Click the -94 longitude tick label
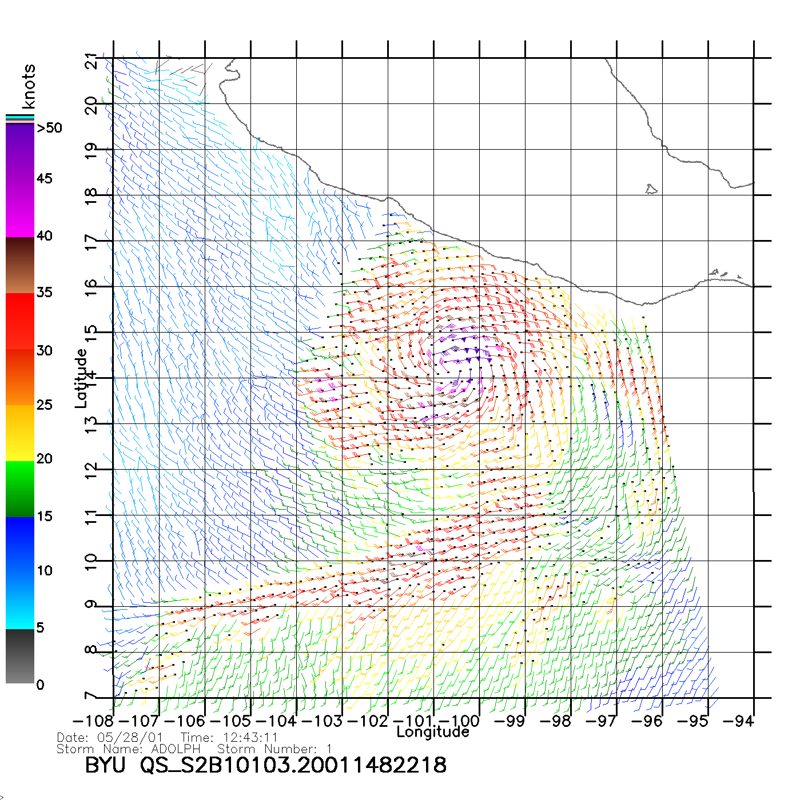[x=738, y=721]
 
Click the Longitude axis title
[x=433, y=732]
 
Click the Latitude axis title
[x=81, y=378]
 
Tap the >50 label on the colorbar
[x=49, y=128]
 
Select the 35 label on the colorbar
[x=44, y=293]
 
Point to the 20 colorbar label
[x=44, y=458]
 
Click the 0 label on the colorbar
[x=40, y=685]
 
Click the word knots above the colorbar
[x=29, y=86]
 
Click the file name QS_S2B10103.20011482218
[x=293, y=765]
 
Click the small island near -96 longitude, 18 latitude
[x=651, y=189]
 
